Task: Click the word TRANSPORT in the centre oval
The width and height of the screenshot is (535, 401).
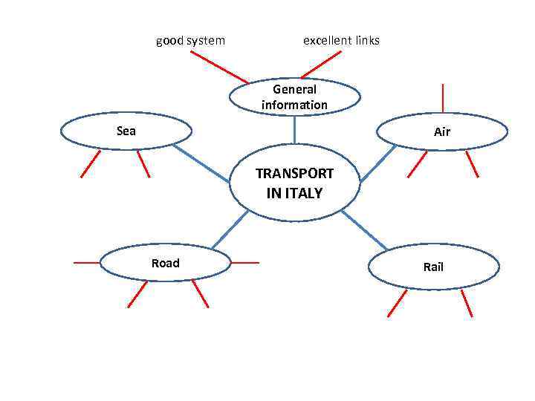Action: (x=294, y=174)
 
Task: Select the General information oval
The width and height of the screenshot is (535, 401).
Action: (x=294, y=97)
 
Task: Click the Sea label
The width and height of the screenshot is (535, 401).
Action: (x=126, y=131)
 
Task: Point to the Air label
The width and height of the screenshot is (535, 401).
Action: (x=442, y=132)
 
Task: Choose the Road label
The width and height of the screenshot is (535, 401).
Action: (x=165, y=263)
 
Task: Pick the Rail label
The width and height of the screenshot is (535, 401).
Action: (x=433, y=267)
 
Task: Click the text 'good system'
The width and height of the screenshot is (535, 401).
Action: (x=190, y=40)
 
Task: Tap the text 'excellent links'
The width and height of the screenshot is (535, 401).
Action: (x=341, y=40)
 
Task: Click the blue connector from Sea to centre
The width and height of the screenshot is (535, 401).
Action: (x=202, y=163)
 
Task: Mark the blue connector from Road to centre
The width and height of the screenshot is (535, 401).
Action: (x=230, y=229)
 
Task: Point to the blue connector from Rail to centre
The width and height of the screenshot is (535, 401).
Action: (x=365, y=229)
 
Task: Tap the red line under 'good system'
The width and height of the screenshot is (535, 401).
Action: (x=219, y=67)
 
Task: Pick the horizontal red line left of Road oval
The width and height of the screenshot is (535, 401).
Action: (x=86, y=262)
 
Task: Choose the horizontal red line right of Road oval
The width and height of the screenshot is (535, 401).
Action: (x=245, y=262)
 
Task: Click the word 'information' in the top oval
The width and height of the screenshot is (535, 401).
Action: (x=294, y=105)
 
